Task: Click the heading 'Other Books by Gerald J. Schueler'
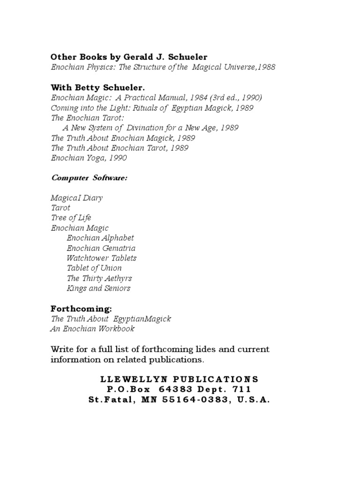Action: point(129,57)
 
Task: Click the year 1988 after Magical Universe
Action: point(266,67)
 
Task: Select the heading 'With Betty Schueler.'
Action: point(97,87)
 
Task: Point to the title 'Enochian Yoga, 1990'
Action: point(89,158)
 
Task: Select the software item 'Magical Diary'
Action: point(76,198)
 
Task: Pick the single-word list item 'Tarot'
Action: point(60,208)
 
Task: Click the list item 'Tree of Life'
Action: point(71,218)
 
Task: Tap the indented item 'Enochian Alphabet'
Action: point(100,238)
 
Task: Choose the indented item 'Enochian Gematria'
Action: point(101,248)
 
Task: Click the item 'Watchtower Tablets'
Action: point(101,258)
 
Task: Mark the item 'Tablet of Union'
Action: point(94,268)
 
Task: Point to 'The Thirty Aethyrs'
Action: point(99,278)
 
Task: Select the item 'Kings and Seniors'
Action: point(98,288)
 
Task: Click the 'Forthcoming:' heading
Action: point(81,308)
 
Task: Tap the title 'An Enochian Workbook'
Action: point(92,329)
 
